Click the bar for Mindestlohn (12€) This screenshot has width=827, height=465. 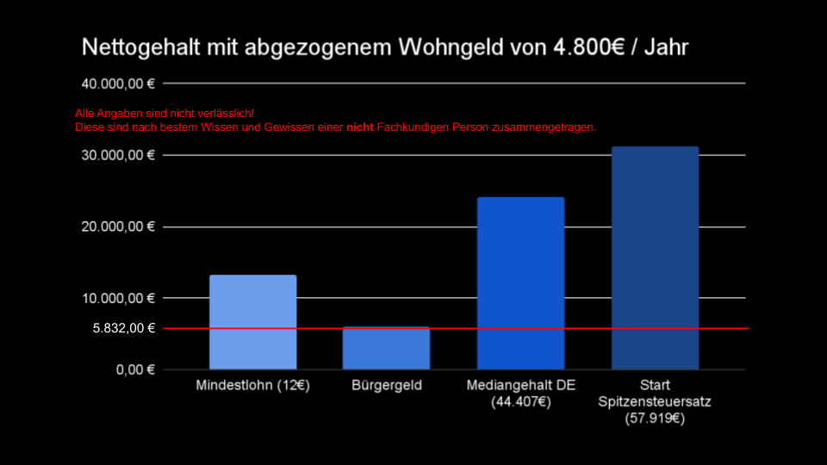(x=252, y=322)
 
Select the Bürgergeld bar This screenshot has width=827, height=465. (x=386, y=348)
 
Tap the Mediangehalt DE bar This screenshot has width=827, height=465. (x=520, y=283)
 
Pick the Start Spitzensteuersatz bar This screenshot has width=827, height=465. (x=655, y=258)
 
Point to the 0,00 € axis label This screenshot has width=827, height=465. (x=134, y=369)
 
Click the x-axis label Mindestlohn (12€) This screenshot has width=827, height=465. (x=252, y=385)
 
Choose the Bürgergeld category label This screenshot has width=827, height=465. (x=387, y=385)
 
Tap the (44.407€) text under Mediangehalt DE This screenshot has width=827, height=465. (x=520, y=401)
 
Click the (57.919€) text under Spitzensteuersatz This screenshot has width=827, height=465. (x=655, y=418)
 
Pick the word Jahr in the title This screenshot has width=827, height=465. (x=668, y=47)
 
